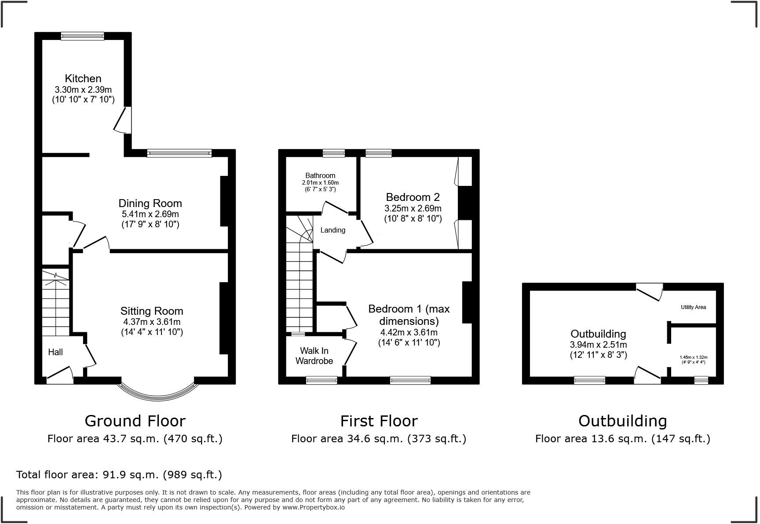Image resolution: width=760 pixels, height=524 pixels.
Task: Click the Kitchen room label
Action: [83, 79]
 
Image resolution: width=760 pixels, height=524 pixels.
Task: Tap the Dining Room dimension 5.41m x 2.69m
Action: [150, 214]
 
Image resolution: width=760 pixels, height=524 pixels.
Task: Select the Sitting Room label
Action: [152, 311]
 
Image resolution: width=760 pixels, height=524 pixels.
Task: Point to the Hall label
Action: [55, 352]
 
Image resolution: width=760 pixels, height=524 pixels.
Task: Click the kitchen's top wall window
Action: [83, 36]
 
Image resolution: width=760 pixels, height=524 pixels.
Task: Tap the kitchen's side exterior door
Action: [123, 119]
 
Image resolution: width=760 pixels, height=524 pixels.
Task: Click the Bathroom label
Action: [321, 175]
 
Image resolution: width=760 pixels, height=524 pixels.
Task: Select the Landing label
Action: [333, 230]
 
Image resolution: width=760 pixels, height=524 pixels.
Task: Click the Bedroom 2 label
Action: [413, 197]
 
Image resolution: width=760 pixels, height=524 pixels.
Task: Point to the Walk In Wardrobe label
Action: [314, 356]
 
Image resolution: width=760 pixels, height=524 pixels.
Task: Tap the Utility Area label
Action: [694, 307]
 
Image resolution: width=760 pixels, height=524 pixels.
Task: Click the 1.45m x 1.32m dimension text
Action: [694, 357]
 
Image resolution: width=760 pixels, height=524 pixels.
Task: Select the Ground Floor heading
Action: [135, 421]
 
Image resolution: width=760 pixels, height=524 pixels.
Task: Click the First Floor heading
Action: [379, 421]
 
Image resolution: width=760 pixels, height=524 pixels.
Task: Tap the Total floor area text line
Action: [119, 475]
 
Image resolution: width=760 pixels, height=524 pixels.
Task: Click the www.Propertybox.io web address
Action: [314, 507]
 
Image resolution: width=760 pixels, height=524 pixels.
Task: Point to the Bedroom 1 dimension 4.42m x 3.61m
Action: [409, 333]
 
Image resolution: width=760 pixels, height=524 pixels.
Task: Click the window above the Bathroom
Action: [334, 153]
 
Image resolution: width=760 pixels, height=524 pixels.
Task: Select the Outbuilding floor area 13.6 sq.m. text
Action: [623, 439]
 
